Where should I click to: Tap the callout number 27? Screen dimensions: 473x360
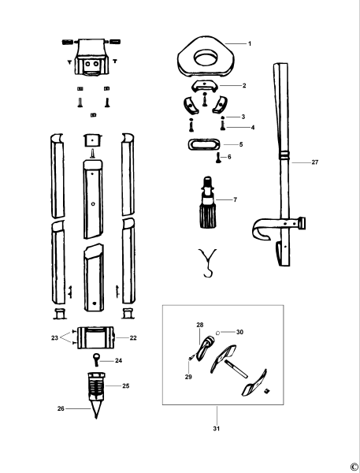[x=315, y=163]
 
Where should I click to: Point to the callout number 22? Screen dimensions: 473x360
[x=132, y=337]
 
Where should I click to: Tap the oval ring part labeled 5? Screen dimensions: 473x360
[x=206, y=144]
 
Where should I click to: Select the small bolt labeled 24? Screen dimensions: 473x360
[x=96, y=360]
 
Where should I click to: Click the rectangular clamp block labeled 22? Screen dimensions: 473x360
[x=96, y=337]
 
